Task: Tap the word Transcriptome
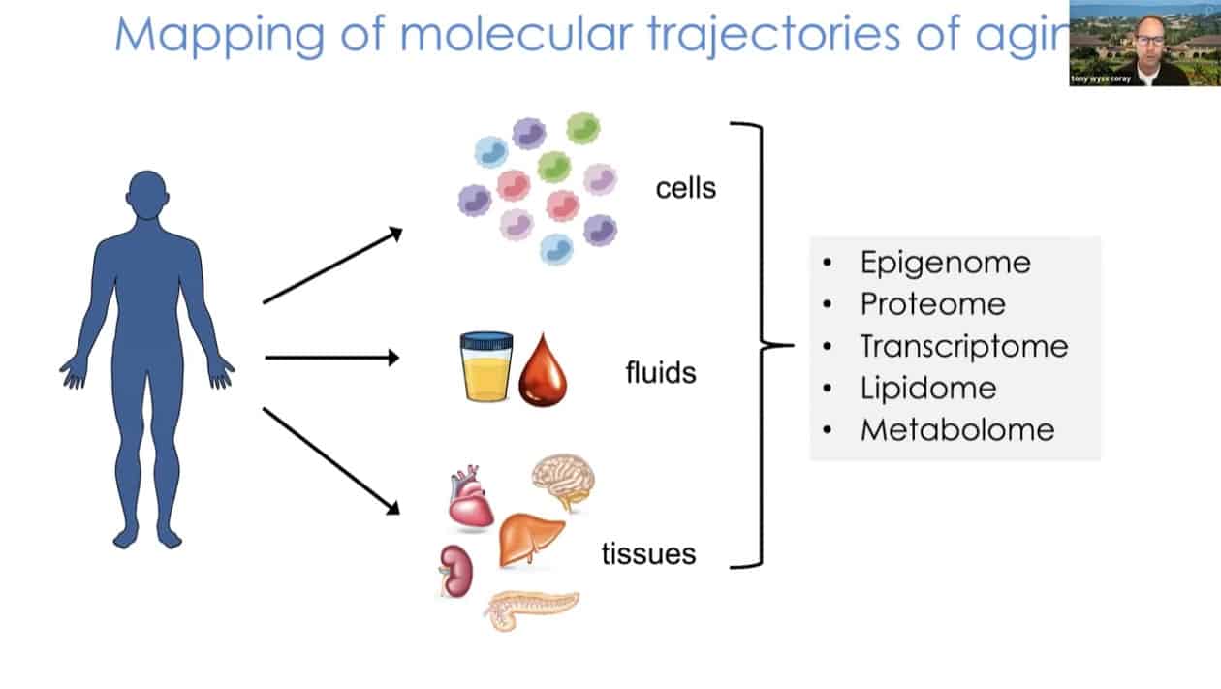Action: click(x=963, y=346)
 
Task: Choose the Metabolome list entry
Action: click(x=956, y=429)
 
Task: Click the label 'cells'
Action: click(x=685, y=187)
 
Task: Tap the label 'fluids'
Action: click(x=661, y=371)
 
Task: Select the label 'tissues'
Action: click(x=648, y=554)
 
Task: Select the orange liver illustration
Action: click(x=529, y=539)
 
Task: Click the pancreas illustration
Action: click(x=530, y=610)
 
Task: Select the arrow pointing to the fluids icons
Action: click(x=331, y=358)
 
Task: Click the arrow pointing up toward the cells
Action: click(x=331, y=266)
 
